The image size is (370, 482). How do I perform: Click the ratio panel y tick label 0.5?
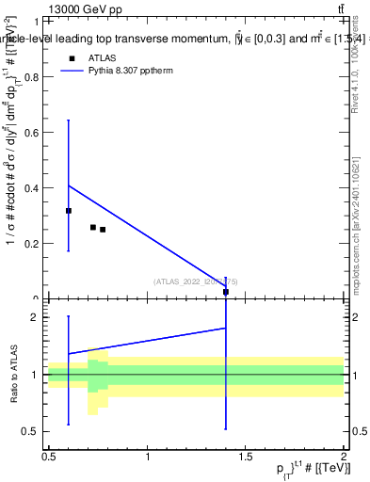[34, 431]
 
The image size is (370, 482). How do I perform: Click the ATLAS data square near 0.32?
[69, 211]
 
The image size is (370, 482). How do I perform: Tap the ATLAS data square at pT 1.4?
[226, 292]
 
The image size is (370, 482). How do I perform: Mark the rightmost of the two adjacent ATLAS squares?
[103, 230]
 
